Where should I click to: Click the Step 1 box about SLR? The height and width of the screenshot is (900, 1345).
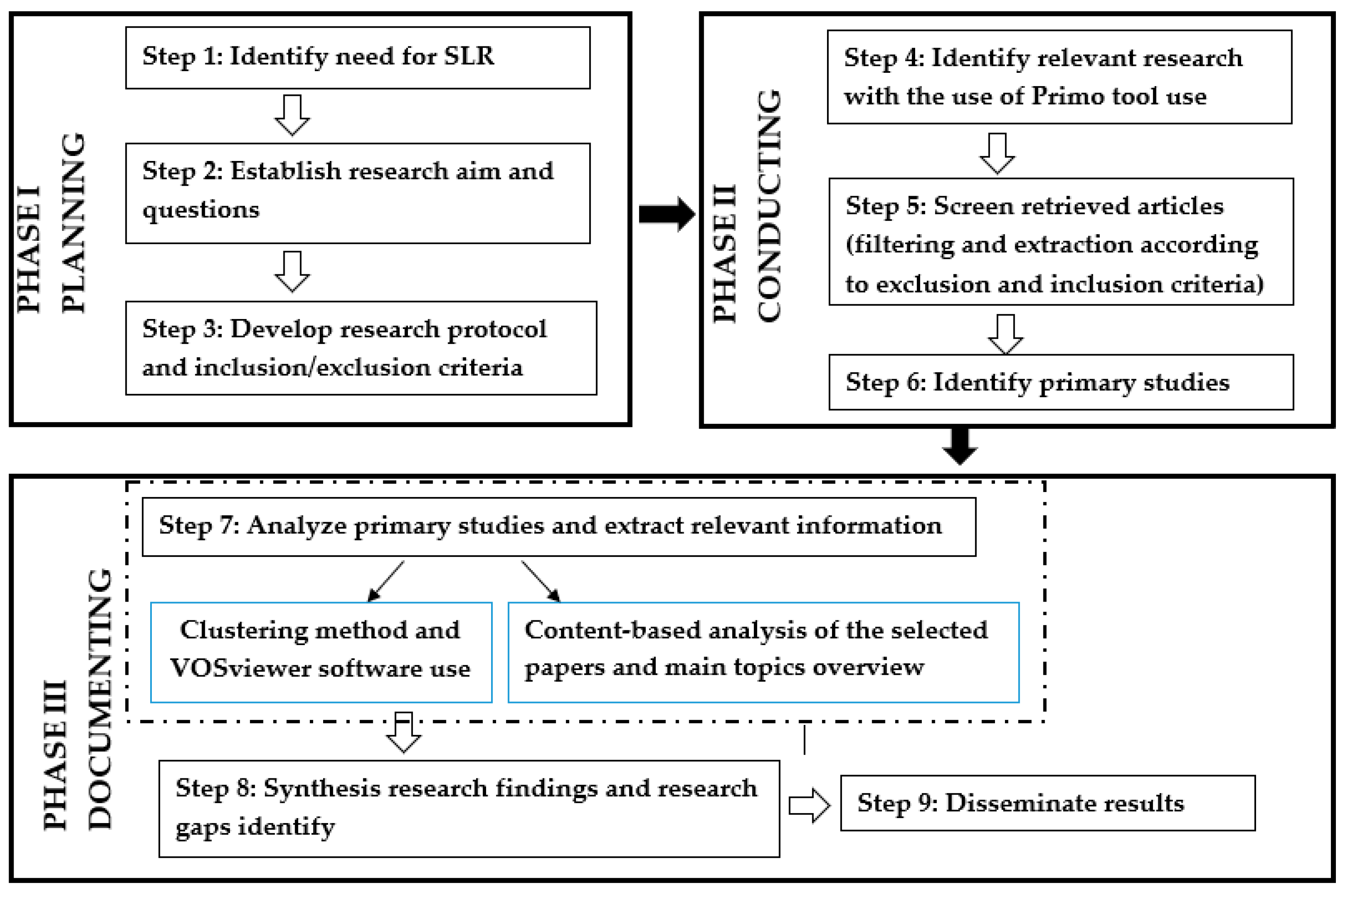(x=357, y=58)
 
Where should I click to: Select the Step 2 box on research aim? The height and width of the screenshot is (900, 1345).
(x=357, y=193)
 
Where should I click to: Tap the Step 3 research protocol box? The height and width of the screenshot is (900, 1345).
(x=360, y=348)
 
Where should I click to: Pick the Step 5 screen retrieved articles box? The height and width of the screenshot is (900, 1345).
(x=1060, y=242)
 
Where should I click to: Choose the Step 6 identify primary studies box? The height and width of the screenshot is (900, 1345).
(x=1060, y=382)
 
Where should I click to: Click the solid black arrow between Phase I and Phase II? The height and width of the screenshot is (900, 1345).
(x=666, y=214)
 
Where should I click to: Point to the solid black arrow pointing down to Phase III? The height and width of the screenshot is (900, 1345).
(x=959, y=445)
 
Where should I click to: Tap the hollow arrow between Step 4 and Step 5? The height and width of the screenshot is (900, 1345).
(x=997, y=153)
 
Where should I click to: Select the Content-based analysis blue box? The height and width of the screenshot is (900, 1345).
(x=763, y=652)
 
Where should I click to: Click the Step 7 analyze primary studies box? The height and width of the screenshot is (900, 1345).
(x=558, y=526)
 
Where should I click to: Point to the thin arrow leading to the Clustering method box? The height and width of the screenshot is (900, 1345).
(x=386, y=581)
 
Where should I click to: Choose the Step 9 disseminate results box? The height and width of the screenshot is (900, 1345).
(x=1047, y=803)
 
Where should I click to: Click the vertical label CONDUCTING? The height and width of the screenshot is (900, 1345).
(x=769, y=206)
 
